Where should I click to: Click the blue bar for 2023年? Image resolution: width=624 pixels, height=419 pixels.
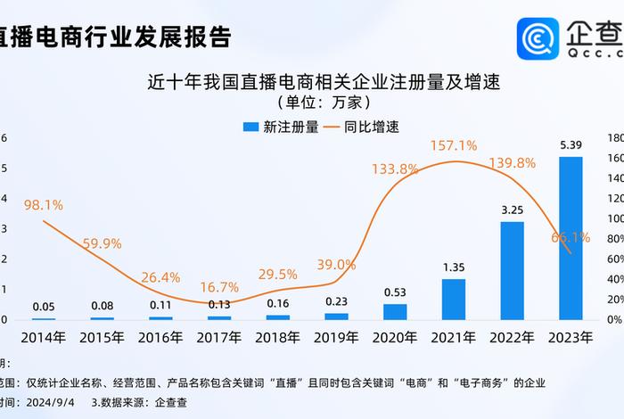click(571, 238)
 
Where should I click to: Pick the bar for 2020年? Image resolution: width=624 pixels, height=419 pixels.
click(395, 311)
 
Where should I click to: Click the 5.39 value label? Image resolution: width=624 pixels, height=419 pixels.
click(571, 145)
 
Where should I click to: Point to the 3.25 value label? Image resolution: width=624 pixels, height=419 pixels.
click(512, 210)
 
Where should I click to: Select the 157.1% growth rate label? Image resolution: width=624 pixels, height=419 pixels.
click(453, 145)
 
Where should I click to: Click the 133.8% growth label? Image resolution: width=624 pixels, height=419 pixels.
click(395, 168)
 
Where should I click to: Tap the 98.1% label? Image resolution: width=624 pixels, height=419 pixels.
click(43, 205)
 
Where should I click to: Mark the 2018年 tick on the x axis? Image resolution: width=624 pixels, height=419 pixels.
click(277, 339)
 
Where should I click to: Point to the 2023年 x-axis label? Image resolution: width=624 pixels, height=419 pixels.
click(571, 339)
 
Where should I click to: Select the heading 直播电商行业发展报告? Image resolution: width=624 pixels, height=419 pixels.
click(116, 37)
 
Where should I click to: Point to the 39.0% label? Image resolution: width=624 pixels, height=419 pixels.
click(336, 265)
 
